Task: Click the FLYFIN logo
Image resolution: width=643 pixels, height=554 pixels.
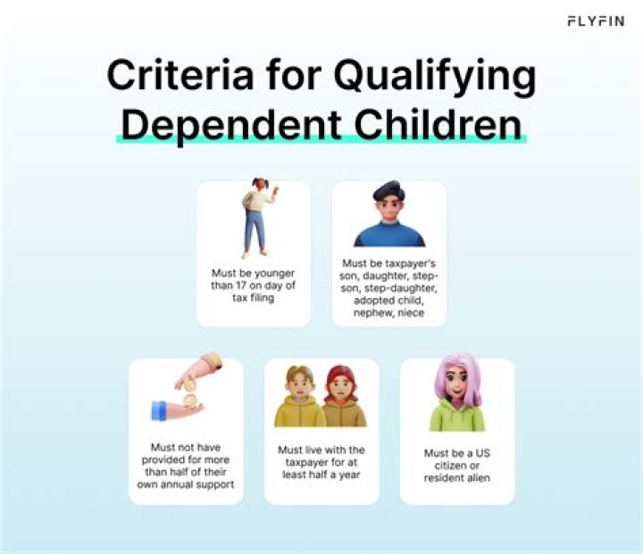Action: (x=596, y=21)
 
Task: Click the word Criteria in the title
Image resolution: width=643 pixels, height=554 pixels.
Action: (x=180, y=76)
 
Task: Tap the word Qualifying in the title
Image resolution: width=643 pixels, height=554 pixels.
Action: (x=435, y=78)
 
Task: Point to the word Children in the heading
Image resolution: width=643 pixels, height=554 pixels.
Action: (x=438, y=123)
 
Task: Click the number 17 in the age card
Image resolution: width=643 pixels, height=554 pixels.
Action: (x=240, y=285)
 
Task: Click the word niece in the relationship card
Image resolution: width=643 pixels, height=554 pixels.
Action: (x=411, y=313)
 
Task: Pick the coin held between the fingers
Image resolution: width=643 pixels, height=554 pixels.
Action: (x=190, y=385)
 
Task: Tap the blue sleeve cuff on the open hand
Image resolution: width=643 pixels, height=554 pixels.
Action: (x=159, y=411)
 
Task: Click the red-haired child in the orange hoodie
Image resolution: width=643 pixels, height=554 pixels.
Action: (x=343, y=397)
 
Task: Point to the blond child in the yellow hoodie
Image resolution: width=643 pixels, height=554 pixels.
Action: (x=299, y=397)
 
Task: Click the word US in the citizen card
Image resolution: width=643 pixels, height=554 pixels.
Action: (x=483, y=453)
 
